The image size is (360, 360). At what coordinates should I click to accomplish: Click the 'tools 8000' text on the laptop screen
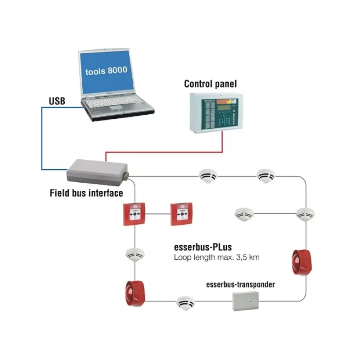(x=106, y=71)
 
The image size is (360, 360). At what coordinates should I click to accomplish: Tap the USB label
(x=57, y=101)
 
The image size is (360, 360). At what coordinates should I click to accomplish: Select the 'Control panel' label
(x=210, y=84)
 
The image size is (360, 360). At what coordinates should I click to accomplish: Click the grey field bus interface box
(x=97, y=172)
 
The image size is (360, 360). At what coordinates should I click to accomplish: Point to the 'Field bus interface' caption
(x=86, y=193)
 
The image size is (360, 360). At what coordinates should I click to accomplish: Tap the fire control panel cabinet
(x=216, y=113)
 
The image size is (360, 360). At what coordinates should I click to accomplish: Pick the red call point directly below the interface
(x=134, y=214)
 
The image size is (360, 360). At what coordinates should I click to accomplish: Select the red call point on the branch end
(x=181, y=214)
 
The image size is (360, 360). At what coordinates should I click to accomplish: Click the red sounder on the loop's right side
(x=301, y=262)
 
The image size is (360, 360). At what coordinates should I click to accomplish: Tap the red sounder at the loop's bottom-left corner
(x=135, y=294)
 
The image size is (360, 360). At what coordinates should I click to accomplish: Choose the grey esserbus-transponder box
(x=245, y=301)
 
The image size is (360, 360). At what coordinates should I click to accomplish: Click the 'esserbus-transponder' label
(x=240, y=284)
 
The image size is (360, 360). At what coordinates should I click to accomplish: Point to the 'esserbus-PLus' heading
(x=203, y=247)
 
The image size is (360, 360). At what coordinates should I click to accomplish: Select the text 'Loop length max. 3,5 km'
(x=216, y=257)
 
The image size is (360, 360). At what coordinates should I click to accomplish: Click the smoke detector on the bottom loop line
(x=186, y=303)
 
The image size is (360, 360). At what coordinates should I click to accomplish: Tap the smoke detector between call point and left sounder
(x=135, y=255)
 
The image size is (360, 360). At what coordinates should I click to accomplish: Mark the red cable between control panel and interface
(x=164, y=152)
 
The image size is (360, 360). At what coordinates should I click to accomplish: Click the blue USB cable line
(x=42, y=139)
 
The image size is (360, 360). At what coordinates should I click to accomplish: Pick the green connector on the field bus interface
(x=126, y=175)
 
